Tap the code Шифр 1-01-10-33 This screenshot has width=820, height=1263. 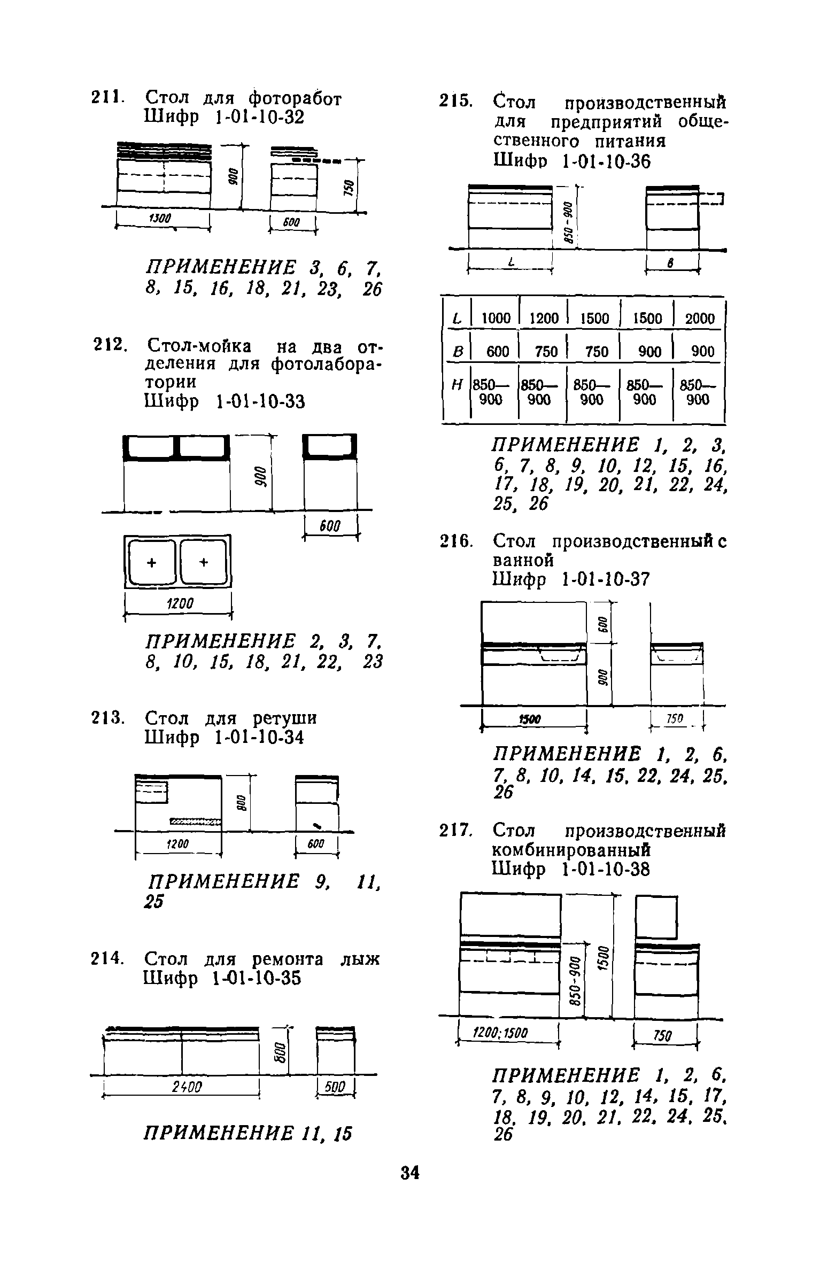point(225,401)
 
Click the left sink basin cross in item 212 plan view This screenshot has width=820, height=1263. point(152,562)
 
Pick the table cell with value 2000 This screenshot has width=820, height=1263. point(699,319)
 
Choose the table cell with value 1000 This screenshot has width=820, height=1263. point(496,319)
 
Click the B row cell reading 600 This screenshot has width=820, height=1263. point(497,351)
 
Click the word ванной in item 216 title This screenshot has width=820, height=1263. point(522,560)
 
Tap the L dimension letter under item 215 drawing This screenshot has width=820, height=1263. point(512,262)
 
